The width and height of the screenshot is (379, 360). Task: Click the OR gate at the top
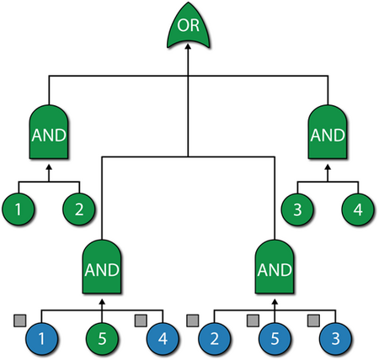pos(189,26)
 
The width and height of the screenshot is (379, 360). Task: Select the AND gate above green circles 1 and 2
pos(49,132)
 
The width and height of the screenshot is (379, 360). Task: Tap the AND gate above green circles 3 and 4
pos(328,132)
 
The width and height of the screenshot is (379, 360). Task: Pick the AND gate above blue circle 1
pos(102,267)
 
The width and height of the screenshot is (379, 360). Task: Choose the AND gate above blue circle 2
pos(275,267)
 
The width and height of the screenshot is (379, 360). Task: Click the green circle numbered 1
pos(19,209)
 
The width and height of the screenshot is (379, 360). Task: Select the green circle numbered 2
pos(79,209)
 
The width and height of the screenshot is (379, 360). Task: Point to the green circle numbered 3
pos(297,209)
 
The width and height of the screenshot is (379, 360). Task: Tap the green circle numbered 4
pos(358,209)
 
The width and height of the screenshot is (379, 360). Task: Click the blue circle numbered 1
pos(41,339)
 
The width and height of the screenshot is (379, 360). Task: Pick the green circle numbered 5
pos(102,339)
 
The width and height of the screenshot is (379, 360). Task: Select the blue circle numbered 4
pos(163,339)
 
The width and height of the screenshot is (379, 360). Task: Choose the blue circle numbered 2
pos(215,339)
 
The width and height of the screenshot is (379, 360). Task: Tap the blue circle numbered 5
pos(275,339)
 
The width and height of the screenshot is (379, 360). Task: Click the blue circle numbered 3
pos(336,339)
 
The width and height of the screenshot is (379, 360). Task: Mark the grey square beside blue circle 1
pos(20,320)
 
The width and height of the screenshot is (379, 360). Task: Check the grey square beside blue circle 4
pos(141,320)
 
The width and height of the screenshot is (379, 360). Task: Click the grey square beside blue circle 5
pos(253,320)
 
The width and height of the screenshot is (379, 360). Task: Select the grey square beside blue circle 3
pos(313,320)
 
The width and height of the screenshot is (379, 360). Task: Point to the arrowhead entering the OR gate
pos(189,46)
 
